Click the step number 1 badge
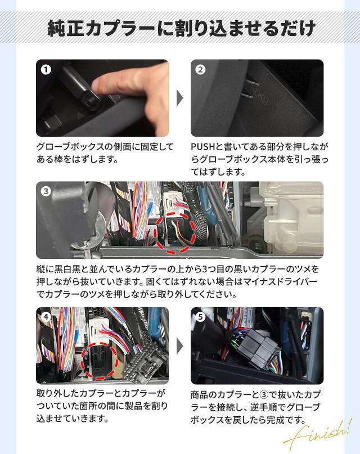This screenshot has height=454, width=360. tap(46, 70)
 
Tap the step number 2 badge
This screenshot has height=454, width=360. tap(200, 70)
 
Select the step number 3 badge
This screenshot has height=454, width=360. tap(46, 191)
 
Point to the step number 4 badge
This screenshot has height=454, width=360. tap(46, 317)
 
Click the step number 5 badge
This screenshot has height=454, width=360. tap(200, 317)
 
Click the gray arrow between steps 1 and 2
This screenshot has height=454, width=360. tap(179, 98)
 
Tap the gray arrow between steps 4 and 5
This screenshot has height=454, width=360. tap(179, 346)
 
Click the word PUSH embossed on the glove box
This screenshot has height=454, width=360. tap(260, 94)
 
